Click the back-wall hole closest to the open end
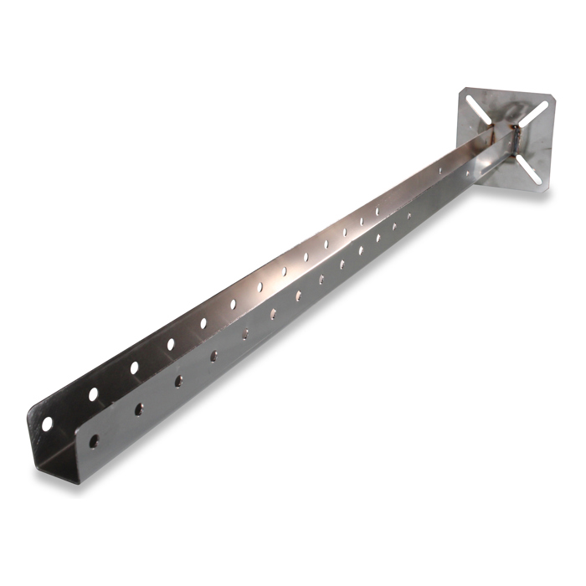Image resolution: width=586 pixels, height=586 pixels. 47,423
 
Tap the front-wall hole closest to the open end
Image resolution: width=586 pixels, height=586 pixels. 94,439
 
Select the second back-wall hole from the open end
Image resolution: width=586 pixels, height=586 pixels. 94,393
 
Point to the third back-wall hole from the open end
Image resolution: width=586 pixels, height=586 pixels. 134,367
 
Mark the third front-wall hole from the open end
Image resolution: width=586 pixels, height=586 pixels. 178,381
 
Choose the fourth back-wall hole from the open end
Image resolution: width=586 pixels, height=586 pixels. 171,343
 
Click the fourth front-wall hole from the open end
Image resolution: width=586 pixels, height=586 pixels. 213,356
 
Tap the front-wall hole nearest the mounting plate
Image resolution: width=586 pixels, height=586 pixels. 409,216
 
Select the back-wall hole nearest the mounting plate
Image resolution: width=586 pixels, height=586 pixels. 378,210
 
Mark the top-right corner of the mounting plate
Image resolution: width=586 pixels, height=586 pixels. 555,95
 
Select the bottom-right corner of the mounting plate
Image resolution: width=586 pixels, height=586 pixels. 548,193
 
